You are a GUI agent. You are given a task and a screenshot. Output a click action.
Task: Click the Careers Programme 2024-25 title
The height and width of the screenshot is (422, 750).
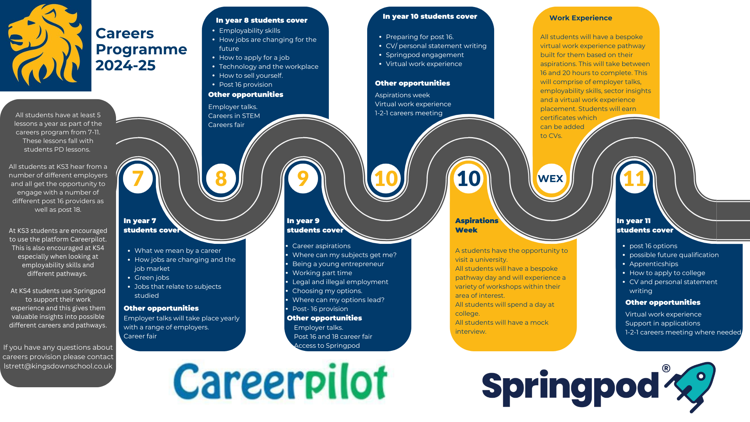point(141,49)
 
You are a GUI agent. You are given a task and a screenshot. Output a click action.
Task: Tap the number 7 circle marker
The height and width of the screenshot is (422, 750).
point(138,179)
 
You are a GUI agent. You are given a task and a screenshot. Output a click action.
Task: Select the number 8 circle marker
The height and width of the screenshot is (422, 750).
point(221,179)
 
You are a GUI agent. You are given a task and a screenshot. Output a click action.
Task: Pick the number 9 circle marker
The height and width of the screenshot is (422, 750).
point(303,179)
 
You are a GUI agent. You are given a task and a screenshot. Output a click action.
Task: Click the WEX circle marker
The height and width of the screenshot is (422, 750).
point(551,179)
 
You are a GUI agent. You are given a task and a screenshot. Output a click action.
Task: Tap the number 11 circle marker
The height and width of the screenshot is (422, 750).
point(635,179)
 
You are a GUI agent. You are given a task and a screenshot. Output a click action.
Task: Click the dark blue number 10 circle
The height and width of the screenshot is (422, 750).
point(469,179)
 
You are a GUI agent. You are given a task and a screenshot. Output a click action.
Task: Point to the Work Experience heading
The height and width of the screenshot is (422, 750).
point(581,18)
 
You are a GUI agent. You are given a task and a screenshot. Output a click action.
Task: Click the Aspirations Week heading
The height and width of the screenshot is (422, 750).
point(477,225)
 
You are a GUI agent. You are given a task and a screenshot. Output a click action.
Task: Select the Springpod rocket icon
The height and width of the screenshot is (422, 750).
point(690,387)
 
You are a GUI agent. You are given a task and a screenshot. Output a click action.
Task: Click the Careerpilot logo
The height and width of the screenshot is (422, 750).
point(280,383)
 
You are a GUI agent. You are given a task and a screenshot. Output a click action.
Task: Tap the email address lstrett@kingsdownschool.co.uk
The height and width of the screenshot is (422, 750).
point(58,366)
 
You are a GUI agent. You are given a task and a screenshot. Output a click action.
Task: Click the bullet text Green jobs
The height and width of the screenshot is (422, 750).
point(152,277)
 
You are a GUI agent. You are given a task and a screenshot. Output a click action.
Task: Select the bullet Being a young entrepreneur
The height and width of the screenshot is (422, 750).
point(338,264)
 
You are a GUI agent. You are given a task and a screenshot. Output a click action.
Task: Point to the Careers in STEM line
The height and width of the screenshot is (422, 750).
point(234,116)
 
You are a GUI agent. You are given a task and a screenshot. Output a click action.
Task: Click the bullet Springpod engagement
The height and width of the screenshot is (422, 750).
point(425,55)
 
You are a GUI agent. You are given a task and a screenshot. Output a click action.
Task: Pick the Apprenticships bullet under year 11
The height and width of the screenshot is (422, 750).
point(654,264)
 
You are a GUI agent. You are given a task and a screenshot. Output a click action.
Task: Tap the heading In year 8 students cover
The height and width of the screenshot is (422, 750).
point(262,20)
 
